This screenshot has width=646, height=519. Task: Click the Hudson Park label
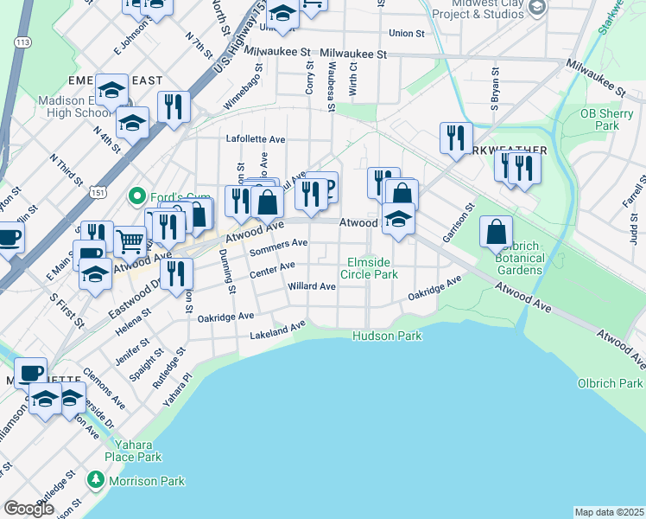pos(387,336)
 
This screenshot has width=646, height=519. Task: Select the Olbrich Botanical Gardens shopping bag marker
pos(497,232)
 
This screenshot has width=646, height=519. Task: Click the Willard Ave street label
pos(312,286)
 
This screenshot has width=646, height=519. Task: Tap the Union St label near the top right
pos(407,34)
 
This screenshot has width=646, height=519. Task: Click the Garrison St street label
pos(459,225)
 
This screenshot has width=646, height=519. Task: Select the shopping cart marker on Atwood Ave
pos(130,241)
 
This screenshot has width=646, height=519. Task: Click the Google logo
pos(28,509)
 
